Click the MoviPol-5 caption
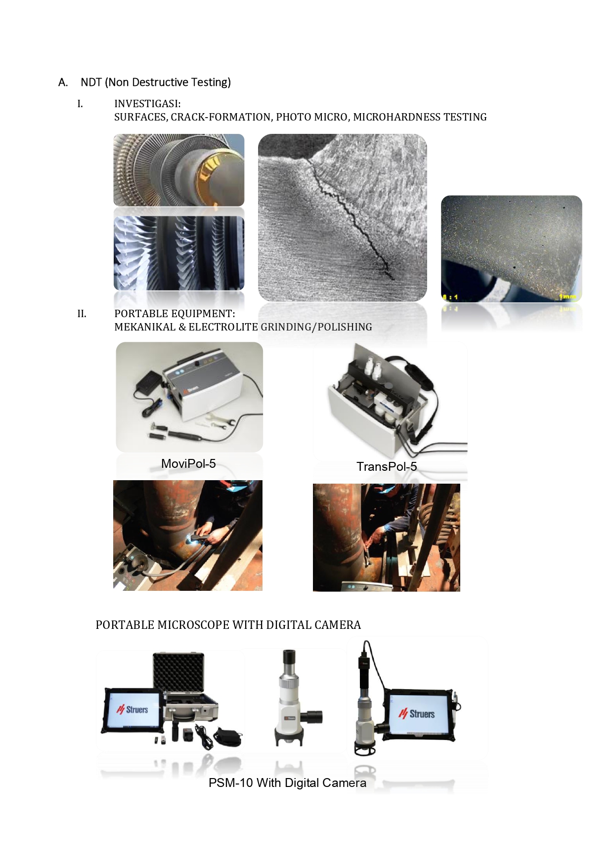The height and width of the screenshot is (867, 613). [188, 463]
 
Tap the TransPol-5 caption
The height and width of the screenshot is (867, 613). [387, 466]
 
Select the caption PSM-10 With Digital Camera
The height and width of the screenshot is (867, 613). [287, 783]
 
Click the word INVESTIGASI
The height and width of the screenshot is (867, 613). [147, 104]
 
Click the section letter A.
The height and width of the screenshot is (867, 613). [63, 83]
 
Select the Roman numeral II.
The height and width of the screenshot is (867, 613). [82, 314]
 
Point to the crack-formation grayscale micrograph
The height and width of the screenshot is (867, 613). [342, 217]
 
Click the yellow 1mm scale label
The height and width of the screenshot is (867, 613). [567, 296]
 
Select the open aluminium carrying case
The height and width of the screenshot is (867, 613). [185, 689]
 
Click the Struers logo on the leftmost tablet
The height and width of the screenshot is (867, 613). [132, 710]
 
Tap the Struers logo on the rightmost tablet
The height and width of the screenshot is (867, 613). [417, 714]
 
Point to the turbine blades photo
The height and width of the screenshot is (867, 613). [179, 253]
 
